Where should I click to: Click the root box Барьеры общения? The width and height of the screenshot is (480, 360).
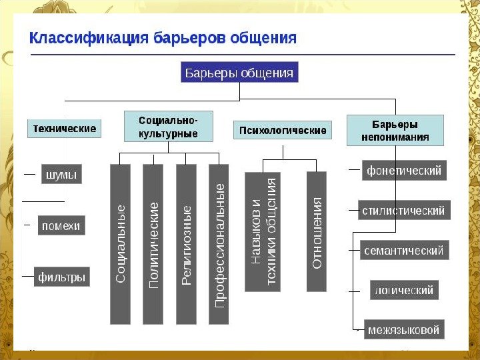[x=239, y=73]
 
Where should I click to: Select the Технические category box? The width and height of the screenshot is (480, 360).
[x=64, y=128]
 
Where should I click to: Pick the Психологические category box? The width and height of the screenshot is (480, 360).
[x=282, y=131]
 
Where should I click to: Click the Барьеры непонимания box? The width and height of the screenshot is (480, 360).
[x=395, y=131]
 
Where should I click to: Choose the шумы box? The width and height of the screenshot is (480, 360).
[x=61, y=175]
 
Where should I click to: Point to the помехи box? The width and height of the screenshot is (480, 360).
[x=61, y=225]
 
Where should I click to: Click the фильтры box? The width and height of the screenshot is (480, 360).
[x=62, y=277]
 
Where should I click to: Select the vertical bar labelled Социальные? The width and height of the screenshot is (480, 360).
[x=120, y=244]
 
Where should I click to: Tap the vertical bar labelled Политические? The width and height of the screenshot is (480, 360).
[x=153, y=244]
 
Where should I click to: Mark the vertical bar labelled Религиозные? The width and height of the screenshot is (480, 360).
[x=186, y=244]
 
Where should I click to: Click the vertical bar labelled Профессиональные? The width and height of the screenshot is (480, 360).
[x=219, y=244]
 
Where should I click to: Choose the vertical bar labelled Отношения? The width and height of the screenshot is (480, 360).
[x=317, y=231]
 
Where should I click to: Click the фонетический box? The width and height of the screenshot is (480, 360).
[x=404, y=171]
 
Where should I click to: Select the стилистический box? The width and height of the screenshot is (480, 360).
[x=403, y=211]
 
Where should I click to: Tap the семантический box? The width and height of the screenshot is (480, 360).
[x=403, y=251]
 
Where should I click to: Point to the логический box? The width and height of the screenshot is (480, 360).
[x=404, y=290]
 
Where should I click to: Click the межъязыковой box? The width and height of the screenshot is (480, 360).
[x=404, y=329]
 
